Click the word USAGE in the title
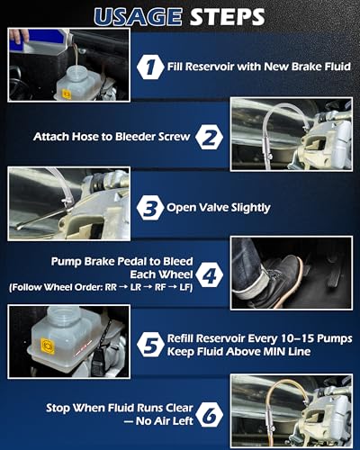click(x=138, y=17)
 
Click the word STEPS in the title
click(x=228, y=17)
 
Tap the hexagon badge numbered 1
click(x=150, y=67)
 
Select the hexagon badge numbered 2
click(x=210, y=137)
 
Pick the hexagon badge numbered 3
click(x=150, y=208)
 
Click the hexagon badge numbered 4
click(x=210, y=274)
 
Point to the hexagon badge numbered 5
click(x=150, y=344)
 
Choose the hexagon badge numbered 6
click(x=210, y=414)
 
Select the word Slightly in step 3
click(x=250, y=208)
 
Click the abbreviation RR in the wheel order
click(x=111, y=287)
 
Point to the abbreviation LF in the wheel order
click(x=184, y=287)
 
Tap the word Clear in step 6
click(x=179, y=408)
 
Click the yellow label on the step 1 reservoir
click(x=66, y=94)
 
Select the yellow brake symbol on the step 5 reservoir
click(x=48, y=346)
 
